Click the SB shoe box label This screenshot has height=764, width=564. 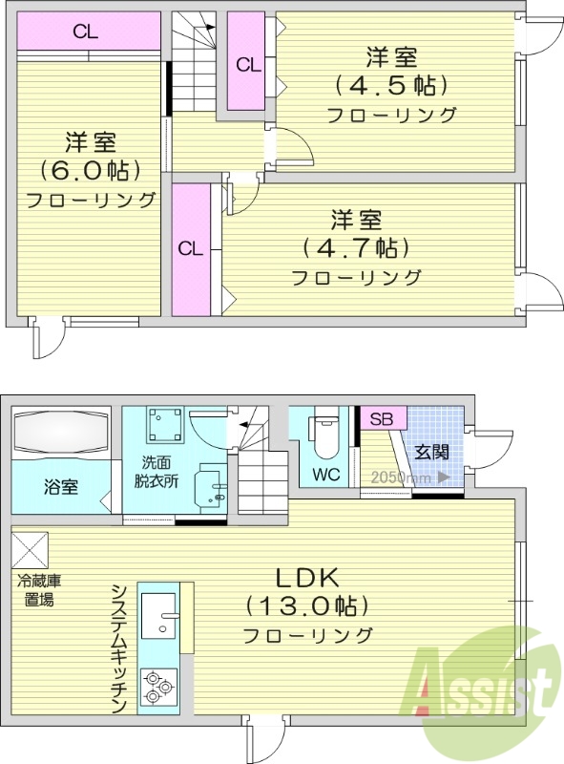[x=381, y=418]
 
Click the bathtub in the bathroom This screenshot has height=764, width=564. [x=61, y=435]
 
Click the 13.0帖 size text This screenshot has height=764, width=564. [x=307, y=605]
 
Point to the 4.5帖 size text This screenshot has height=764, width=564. [x=390, y=85]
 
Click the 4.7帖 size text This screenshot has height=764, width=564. [x=356, y=247]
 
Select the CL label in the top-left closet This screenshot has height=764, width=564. [x=86, y=31]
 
